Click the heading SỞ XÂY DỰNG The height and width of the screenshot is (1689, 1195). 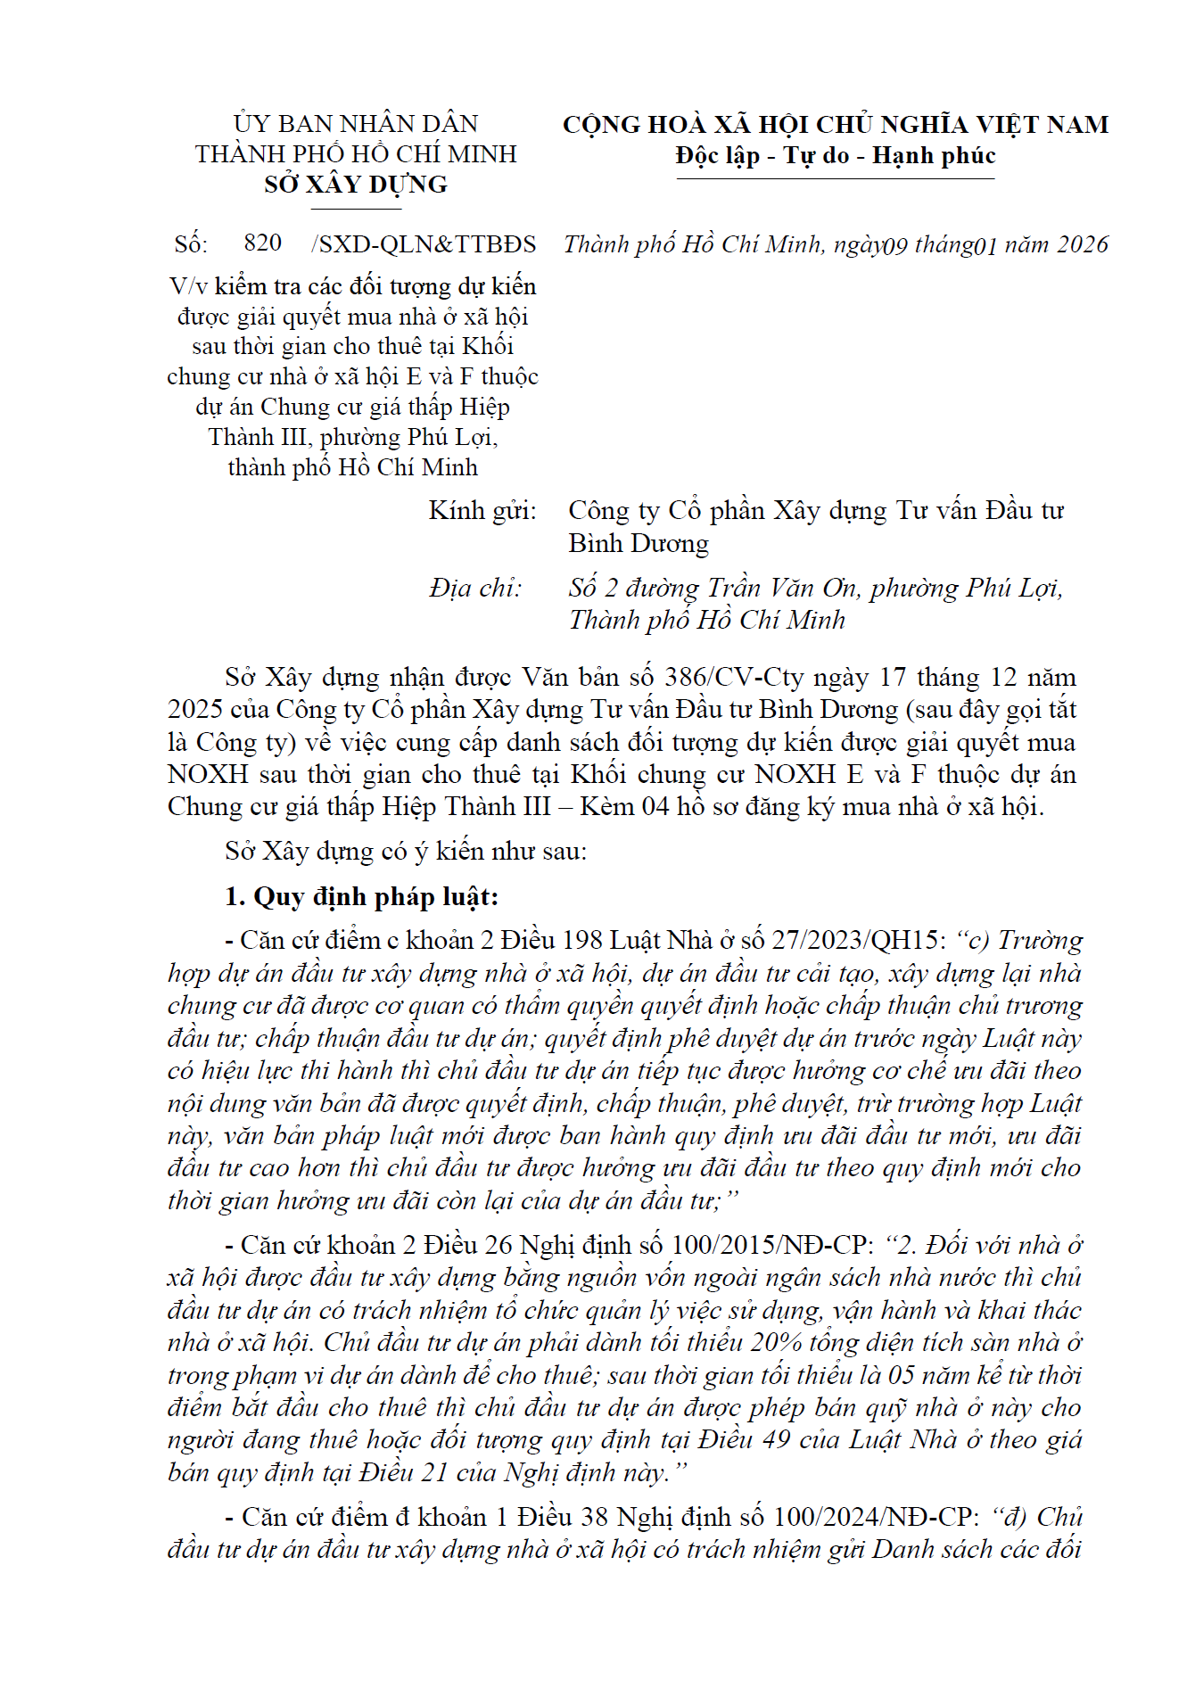[356, 185]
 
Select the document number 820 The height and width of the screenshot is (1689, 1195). [262, 243]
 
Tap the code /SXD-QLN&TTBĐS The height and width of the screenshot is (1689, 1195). [424, 244]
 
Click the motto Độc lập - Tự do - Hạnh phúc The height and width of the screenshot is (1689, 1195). [835, 156]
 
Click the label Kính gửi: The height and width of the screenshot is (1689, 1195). [482, 511]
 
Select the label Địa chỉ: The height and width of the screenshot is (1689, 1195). [474, 588]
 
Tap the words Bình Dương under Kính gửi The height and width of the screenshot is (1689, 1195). [639, 543]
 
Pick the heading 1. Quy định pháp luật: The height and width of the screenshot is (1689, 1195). [361, 896]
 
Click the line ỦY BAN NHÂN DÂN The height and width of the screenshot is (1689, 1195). [356, 123]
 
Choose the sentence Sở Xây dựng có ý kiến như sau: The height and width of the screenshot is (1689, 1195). [406, 851]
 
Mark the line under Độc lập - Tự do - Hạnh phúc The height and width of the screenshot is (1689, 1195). [835, 179]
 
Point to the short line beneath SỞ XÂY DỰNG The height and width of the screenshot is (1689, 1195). [356, 210]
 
